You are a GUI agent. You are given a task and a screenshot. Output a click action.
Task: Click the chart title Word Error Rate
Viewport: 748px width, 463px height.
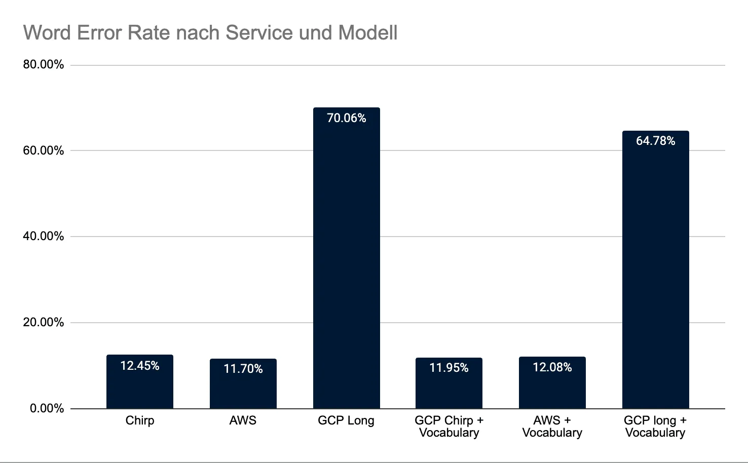tap(210, 33)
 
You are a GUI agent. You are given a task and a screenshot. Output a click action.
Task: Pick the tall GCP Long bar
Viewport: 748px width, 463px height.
tap(347, 263)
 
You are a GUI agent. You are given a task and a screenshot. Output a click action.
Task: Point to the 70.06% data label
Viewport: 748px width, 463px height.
tap(347, 118)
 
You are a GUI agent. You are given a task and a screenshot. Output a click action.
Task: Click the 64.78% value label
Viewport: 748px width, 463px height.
tap(655, 141)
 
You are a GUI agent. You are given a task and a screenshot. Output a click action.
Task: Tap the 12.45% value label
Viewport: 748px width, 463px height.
tap(140, 366)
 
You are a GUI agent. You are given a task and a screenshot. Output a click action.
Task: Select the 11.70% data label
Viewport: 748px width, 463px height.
tap(243, 369)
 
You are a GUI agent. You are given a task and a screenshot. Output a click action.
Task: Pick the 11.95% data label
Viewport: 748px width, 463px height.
tap(449, 368)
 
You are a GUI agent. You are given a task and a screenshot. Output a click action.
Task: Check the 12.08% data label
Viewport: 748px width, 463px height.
tap(552, 367)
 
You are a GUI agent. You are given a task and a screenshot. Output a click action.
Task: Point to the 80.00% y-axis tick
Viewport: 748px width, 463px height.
tap(44, 65)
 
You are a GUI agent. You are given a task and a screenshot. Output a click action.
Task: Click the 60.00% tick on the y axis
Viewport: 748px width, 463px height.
tap(44, 150)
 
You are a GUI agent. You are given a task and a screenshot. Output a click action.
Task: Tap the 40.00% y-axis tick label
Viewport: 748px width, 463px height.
tap(44, 237)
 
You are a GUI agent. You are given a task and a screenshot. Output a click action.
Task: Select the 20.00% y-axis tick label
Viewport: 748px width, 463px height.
tap(44, 323)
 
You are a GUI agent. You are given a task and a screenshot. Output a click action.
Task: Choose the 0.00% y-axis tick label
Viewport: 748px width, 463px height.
tap(47, 408)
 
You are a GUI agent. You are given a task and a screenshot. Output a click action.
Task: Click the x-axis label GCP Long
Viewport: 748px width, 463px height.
tap(346, 421)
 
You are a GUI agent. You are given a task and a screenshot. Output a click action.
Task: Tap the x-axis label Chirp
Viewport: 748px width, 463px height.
tap(140, 421)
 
